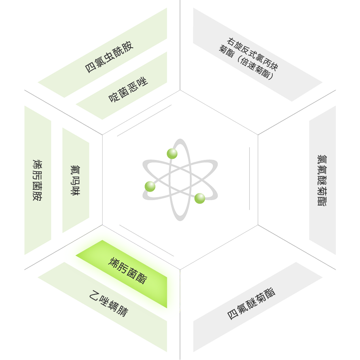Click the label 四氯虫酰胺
(109, 57)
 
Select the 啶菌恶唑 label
(128, 90)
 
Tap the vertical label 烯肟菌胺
(38, 180)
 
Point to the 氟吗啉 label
(75, 180)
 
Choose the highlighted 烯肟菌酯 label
(128, 271)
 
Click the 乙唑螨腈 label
(108, 303)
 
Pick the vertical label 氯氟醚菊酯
(322, 180)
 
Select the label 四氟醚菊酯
(251, 303)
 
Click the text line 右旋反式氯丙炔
(252, 54)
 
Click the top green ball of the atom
(172, 154)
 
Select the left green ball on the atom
(150, 186)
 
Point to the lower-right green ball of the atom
(200, 198)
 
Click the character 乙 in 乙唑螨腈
(94, 295)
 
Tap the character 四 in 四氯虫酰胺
(90, 68)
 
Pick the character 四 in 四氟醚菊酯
(232, 315)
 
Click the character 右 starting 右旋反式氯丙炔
(231, 42)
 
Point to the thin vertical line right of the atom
(249, 179)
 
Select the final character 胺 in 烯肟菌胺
(38, 197)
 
